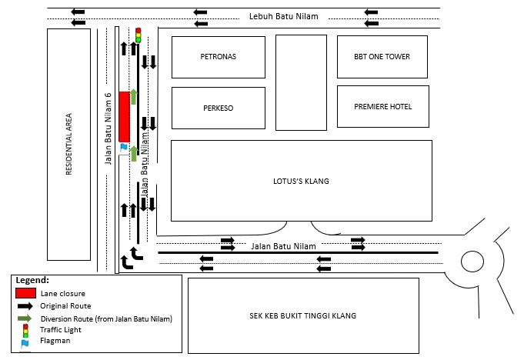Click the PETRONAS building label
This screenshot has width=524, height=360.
coord(219,56)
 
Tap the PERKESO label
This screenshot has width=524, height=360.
coord(219,108)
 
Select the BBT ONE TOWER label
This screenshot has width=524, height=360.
coord(382,56)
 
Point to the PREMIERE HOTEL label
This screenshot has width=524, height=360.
coord(383,106)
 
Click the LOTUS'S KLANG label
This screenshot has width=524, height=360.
coord(301,181)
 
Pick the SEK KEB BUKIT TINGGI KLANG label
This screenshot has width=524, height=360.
coord(303,315)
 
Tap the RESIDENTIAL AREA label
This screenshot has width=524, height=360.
coord(68,145)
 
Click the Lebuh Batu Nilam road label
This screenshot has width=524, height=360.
coord(284,16)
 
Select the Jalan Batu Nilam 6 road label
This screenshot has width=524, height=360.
coord(108,128)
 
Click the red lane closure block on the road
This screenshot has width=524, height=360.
coord(125,117)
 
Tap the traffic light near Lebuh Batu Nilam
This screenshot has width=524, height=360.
coord(138,35)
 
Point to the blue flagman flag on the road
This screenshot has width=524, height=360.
coord(124,147)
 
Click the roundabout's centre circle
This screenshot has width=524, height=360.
coord(472,261)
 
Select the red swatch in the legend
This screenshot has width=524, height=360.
coord(25,293)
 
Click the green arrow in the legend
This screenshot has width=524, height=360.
coord(25,318)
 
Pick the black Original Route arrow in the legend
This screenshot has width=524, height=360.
coord(25,306)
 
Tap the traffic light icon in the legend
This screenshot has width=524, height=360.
coord(25,331)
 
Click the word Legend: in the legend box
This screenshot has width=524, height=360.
coord(32,280)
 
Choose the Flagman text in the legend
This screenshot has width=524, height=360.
coord(55,341)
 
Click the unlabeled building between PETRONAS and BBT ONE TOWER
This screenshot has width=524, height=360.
coord(301,82)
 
